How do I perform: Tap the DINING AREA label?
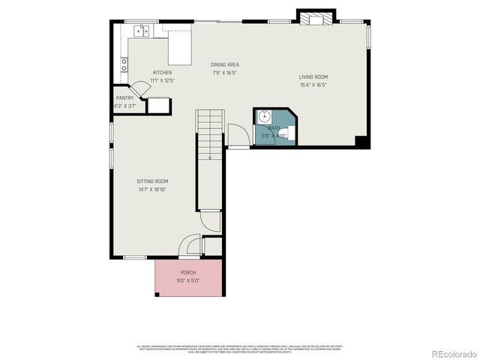(224, 65)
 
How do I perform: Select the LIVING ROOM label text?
(313, 76)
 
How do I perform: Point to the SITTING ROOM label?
(152, 181)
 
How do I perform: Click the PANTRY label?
(124, 98)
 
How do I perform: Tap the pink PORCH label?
(188, 272)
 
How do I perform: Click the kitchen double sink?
(142, 31)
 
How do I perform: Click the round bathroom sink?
(264, 116)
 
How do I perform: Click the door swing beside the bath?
(238, 135)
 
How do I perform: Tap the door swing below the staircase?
(209, 220)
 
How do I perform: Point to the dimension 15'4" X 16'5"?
(313, 85)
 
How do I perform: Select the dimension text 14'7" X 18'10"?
(152, 190)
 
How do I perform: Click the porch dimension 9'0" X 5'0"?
(188, 280)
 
